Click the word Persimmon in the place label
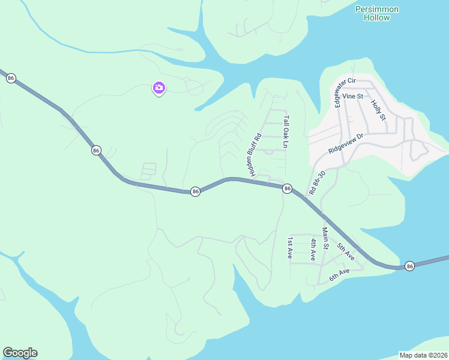(x=377, y=9)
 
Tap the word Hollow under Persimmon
(x=377, y=18)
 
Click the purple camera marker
(x=159, y=89)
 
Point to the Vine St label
(x=353, y=96)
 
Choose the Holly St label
(x=378, y=110)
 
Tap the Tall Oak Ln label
(x=286, y=132)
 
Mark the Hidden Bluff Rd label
(x=252, y=155)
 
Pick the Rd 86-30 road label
(x=317, y=182)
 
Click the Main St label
(x=325, y=238)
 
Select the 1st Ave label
(x=289, y=248)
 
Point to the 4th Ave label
(x=313, y=248)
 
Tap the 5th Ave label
(x=345, y=251)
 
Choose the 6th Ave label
(x=340, y=275)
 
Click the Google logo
(x=20, y=353)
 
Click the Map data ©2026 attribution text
(x=423, y=355)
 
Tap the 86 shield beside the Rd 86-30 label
(x=288, y=189)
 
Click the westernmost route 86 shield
(x=11, y=79)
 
